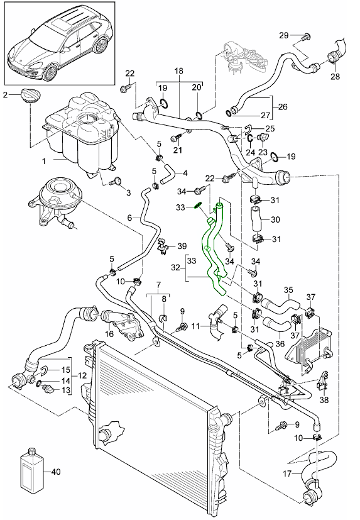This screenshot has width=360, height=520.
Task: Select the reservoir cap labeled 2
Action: point(30,96)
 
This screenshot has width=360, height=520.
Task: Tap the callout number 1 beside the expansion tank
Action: point(44,162)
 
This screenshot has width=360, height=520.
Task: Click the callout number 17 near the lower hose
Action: point(287,473)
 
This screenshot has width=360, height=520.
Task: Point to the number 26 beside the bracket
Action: point(283,107)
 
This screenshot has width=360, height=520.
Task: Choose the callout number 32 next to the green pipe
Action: point(176,268)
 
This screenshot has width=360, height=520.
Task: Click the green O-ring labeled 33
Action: point(197,206)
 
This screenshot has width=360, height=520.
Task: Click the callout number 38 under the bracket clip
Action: point(324,400)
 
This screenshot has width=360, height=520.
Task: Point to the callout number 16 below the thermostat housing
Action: point(109,333)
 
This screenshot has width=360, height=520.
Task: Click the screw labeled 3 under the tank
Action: point(116,182)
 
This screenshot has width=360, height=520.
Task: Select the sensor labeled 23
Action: point(263,138)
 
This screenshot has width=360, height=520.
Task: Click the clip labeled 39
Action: point(163,245)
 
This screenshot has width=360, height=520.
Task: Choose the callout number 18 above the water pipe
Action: point(178,71)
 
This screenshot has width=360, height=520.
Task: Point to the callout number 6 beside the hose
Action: point(129,218)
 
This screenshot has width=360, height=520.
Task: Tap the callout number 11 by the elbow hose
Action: point(195,326)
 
